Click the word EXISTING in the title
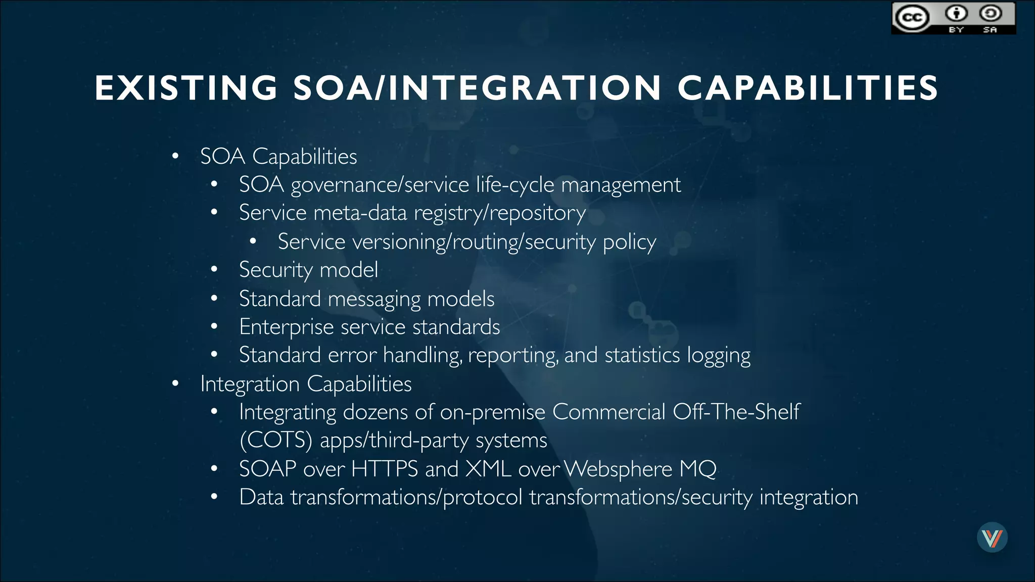[186, 88]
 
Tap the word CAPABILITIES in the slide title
[808, 88]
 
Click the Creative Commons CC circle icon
[912, 18]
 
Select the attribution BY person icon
[956, 13]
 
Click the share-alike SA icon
[990, 13]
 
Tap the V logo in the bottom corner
[992, 537]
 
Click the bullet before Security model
[214, 270]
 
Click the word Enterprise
[287, 327]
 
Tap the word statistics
[642, 355]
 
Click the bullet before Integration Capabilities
[175, 384]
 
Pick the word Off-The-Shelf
[736, 412]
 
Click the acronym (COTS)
[276, 440]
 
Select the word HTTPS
[384, 469]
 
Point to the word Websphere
[618, 469]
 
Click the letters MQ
[698, 469]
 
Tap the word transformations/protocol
[406, 497]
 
